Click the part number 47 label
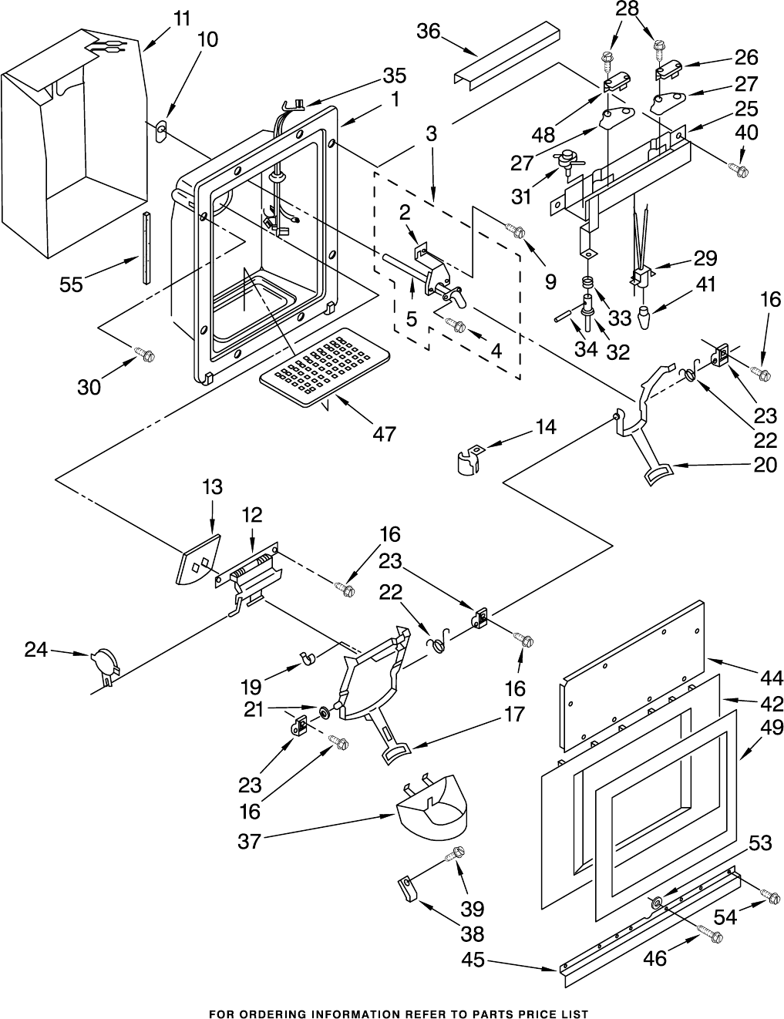[383, 434]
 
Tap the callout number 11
[182, 19]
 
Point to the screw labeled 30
[145, 355]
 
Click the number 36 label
[429, 31]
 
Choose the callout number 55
[72, 284]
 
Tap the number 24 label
[36, 650]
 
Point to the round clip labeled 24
[106, 663]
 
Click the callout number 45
[473, 960]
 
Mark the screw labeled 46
[710, 934]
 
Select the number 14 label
[546, 427]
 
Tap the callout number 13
[212, 487]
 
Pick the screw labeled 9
[517, 230]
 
